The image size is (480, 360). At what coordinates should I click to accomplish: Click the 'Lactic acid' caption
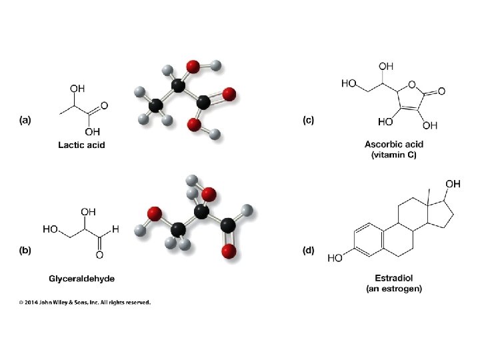click(x=81, y=144)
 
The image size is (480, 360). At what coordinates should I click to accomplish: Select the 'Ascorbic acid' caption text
click(x=393, y=144)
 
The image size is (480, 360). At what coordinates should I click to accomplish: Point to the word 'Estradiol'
click(x=393, y=278)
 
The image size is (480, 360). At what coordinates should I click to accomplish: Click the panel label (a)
click(x=25, y=120)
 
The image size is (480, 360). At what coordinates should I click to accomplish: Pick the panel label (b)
click(x=25, y=251)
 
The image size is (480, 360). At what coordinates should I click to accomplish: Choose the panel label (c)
click(x=308, y=120)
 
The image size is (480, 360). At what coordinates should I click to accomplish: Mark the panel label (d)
click(x=308, y=251)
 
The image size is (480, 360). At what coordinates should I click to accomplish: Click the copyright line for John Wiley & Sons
click(x=85, y=302)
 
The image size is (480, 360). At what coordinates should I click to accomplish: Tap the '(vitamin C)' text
click(x=393, y=155)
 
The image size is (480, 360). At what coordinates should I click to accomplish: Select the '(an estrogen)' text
click(x=393, y=289)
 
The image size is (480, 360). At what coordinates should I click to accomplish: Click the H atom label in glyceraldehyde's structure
click(x=115, y=229)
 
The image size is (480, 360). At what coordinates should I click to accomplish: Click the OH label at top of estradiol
click(x=453, y=183)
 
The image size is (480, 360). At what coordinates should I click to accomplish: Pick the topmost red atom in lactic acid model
click(x=193, y=67)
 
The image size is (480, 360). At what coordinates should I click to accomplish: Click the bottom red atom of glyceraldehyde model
click(x=229, y=251)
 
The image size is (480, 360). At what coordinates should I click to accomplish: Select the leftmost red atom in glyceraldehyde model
click(x=155, y=214)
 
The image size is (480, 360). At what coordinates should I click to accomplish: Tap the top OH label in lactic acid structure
click(x=77, y=87)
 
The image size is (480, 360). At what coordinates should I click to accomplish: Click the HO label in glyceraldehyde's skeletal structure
click(x=51, y=229)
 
